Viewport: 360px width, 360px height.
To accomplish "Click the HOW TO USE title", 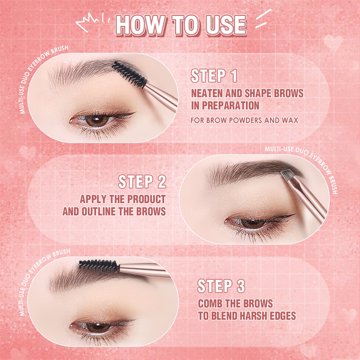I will [x=181, y=26].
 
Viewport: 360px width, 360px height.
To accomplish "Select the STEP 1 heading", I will [x=214, y=77].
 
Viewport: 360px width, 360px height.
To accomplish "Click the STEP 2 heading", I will [x=142, y=182].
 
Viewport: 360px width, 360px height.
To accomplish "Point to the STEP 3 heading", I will [x=221, y=287].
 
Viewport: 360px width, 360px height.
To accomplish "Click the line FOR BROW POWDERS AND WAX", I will [x=244, y=120].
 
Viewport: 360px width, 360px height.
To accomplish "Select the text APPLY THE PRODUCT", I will [x=123, y=199].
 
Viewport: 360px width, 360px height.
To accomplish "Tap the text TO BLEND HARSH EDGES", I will [x=247, y=316].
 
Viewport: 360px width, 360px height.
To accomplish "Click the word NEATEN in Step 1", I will [x=207, y=94].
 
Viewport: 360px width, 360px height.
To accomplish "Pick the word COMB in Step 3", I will [x=211, y=303].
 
